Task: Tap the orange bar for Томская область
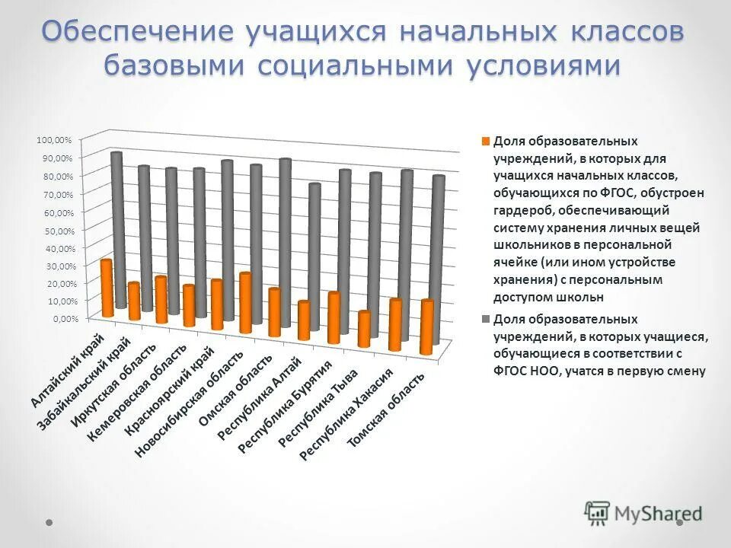coord(427,327)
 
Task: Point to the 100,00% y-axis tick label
coord(53,140)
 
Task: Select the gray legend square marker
coord(485,320)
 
